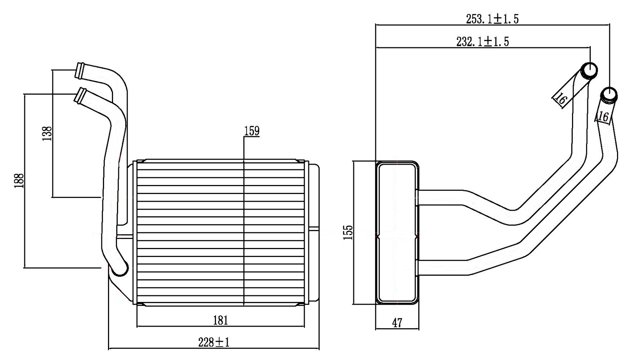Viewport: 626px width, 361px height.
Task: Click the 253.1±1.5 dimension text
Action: (492, 19)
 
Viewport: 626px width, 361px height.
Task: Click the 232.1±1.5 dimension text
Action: (482, 41)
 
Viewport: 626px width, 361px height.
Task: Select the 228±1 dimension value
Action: (214, 343)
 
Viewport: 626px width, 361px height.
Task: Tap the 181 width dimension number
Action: (220, 320)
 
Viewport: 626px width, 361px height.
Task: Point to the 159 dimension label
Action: (252, 131)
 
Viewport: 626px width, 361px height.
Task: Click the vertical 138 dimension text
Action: (47, 133)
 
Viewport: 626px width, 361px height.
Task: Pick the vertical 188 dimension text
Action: (19, 181)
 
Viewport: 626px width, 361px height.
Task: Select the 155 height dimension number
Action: (348, 232)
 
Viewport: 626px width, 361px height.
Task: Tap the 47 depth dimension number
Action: (397, 323)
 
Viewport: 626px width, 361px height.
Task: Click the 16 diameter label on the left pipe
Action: (561, 99)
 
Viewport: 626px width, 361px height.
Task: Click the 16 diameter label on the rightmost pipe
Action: (603, 116)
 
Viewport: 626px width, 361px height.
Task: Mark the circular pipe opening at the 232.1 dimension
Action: (590, 70)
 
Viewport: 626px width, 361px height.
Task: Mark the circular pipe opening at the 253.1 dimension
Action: (609, 94)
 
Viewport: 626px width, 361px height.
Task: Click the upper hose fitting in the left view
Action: (80, 70)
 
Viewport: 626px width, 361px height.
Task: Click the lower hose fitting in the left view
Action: (80, 95)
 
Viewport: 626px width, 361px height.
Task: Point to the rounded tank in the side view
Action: (397, 232)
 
